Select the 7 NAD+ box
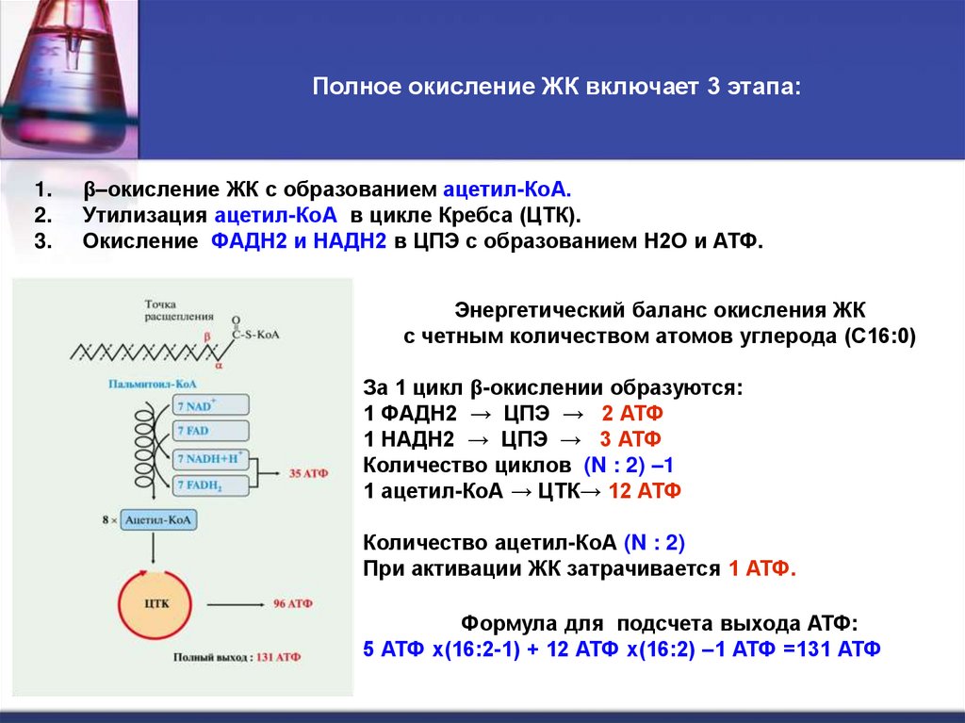(210, 405)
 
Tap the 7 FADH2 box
(210, 486)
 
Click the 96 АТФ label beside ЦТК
(292, 603)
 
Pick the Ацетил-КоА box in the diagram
(158, 520)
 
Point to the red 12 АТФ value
(645, 491)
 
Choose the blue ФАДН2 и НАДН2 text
(300, 241)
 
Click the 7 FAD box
(210, 432)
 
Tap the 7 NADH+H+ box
(210, 459)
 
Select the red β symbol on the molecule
(200, 335)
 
